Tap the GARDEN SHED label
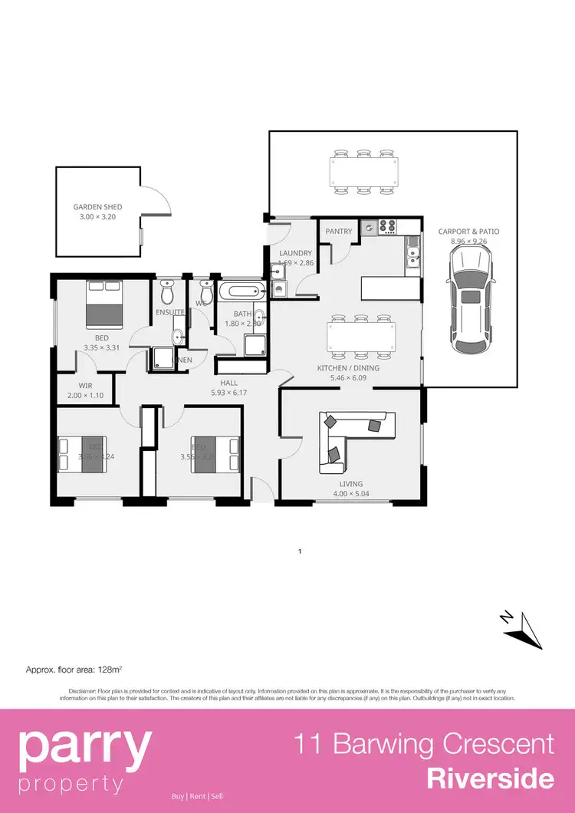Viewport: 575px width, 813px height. tap(97, 207)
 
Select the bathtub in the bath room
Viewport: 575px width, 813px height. tap(241, 291)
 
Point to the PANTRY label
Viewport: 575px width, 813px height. tap(338, 232)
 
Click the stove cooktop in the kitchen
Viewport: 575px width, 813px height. tap(386, 226)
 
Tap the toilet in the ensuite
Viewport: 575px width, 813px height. tap(167, 292)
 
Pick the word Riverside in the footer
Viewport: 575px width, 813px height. tap(490, 778)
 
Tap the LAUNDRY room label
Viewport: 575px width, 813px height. tap(296, 253)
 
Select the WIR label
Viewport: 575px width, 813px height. tap(85, 386)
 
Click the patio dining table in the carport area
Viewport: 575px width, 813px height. tap(364, 173)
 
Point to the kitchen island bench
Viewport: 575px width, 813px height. tap(391, 289)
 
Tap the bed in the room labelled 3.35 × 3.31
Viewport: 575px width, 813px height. tap(103, 304)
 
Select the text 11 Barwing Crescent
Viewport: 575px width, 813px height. tap(425, 744)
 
